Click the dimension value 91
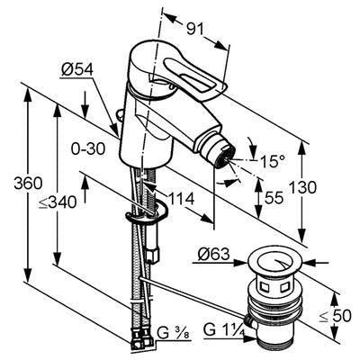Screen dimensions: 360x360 click(x=195, y=30)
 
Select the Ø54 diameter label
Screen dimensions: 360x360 click(x=77, y=70)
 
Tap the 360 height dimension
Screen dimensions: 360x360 click(x=28, y=184)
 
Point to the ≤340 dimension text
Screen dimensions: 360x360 click(x=58, y=203)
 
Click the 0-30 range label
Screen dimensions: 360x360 click(x=88, y=148)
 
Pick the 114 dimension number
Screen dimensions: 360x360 click(x=181, y=199)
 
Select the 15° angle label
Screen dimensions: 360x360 click(x=272, y=162)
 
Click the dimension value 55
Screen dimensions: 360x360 click(x=274, y=198)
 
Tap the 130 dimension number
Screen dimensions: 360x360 click(x=302, y=188)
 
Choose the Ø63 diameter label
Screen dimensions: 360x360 click(x=213, y=255)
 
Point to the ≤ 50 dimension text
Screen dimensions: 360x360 click(x=335, y=316)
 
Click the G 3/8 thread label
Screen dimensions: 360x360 click(x=175, y=334)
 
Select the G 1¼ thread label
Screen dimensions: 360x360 click(x=224, y=329)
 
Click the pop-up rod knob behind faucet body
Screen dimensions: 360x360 click(x=120, y=114)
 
